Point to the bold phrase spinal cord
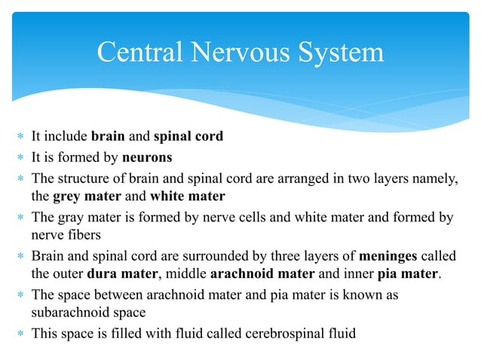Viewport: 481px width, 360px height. coord(188,137)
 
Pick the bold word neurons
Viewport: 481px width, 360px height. coord(147,157)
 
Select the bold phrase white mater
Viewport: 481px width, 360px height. coord(187,197)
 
